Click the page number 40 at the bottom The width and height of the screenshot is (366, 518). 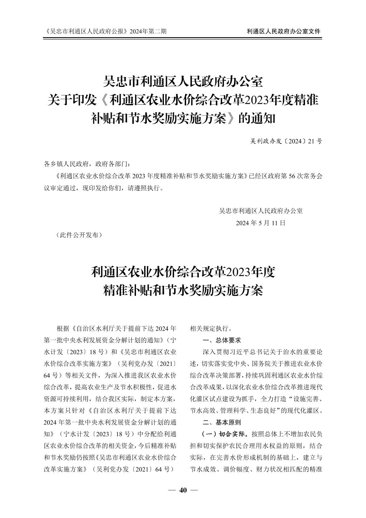(x=183, y=490)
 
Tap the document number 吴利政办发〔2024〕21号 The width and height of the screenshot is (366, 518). (x=286, y=141)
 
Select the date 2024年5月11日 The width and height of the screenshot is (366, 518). (x=261, y=223)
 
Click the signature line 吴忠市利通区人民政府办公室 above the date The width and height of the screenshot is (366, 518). (x=261, y=211)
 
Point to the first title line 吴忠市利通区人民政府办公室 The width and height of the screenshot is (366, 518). (x=183, y=82)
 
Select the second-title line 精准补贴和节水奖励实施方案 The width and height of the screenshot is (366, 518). (x=183, y=290)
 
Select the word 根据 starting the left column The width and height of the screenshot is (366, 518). (x=63, y=329)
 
